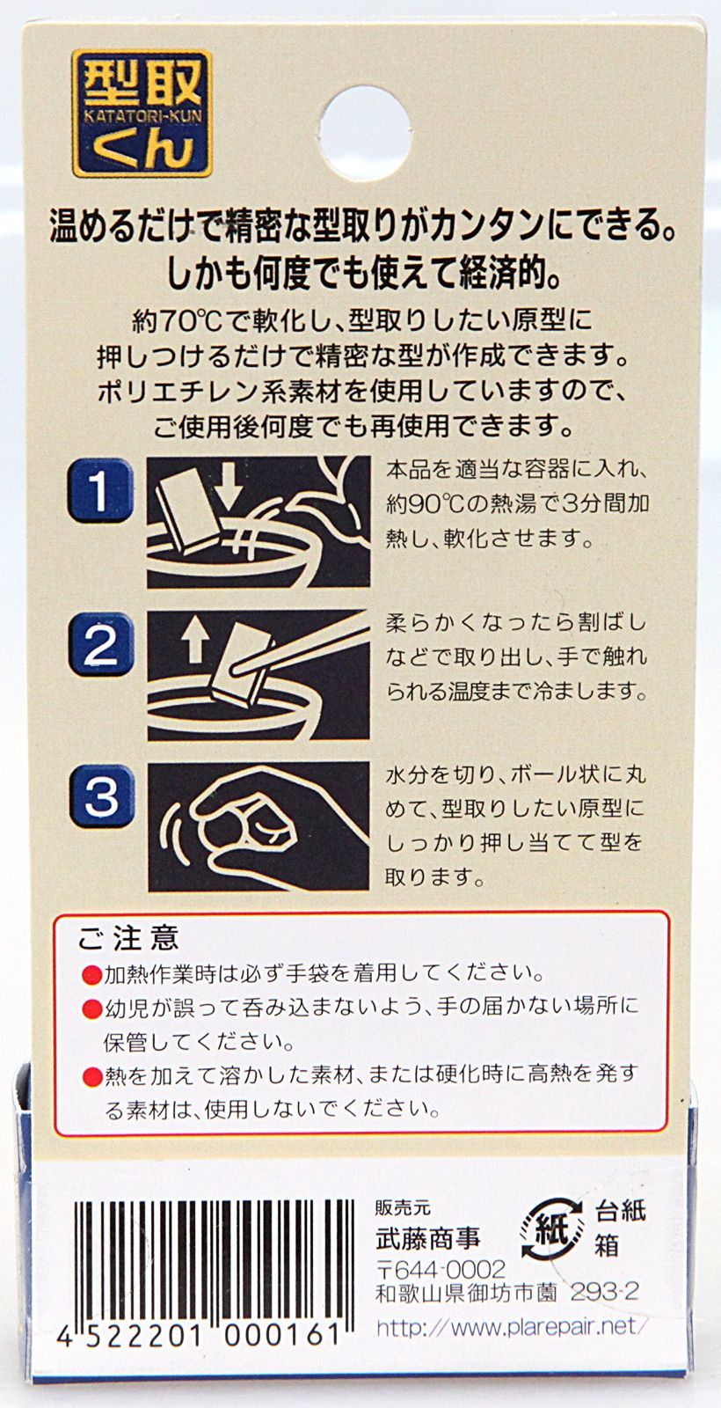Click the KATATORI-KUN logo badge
tap(142, 114)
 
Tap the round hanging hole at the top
tap(365, 134)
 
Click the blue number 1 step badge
tap(100, 491)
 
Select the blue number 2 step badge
tap(100, 644)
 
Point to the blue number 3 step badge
tap(100, 796)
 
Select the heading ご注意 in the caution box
tap(128, 938)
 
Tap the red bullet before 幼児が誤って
tap(91, 1009)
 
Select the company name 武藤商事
tap(428, 1237)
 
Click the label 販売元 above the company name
tap(403, 1207)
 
